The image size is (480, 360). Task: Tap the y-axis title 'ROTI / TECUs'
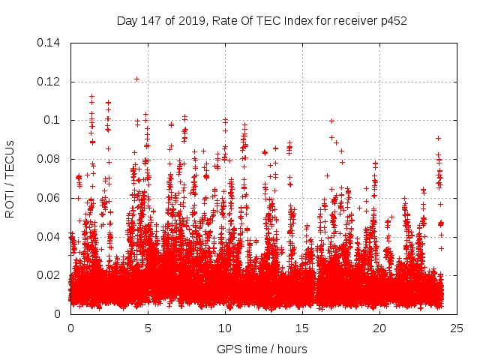(x=10, y=178)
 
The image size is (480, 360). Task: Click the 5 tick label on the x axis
(x=148, y=328)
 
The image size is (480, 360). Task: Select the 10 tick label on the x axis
(x=225, y=328)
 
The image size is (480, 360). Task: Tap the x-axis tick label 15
(x=302, y=328)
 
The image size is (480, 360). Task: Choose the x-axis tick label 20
(x=379, y=328)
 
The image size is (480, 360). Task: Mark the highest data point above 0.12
(x=136, y=79)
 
